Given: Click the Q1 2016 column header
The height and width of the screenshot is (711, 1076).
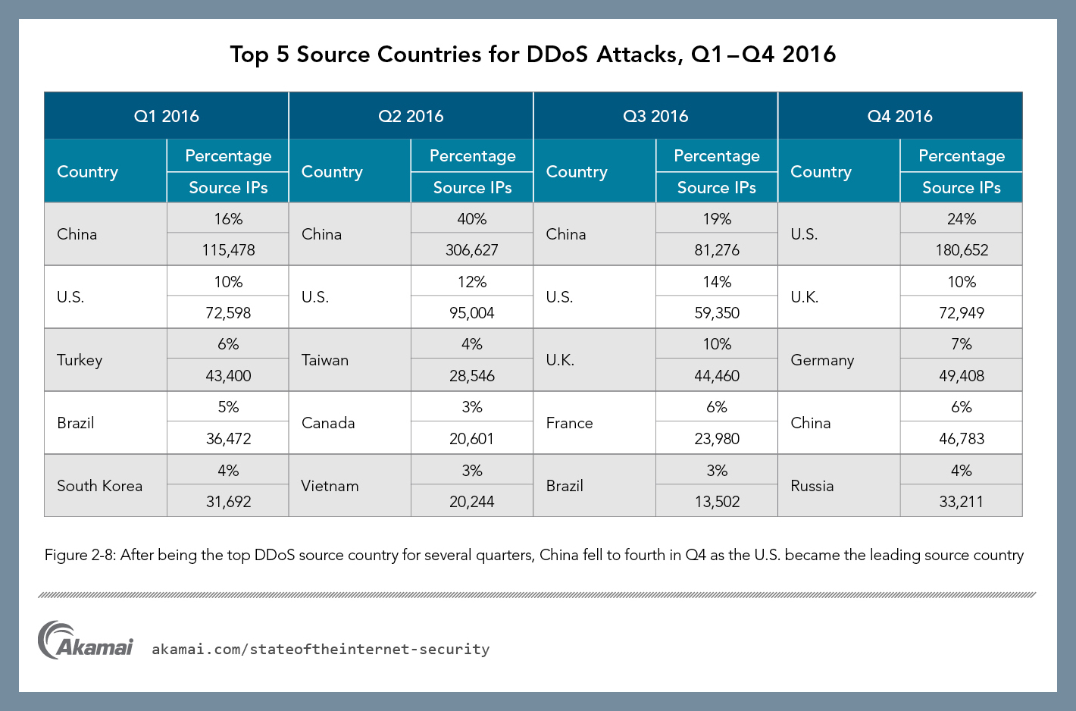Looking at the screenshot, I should (x=167, y=116).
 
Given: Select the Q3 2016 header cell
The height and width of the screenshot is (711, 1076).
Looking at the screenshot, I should (x=655, y=116).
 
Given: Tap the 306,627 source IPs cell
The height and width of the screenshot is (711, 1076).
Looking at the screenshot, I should (x=471, y=250).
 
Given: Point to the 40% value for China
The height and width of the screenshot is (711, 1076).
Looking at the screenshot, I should (x=471, y=219).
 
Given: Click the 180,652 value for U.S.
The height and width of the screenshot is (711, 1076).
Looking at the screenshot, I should (x=961, y=250).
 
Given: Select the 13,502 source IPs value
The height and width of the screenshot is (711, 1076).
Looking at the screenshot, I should (x=717, y=502).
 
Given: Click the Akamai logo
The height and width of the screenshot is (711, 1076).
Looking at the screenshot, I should (x=85, y=641).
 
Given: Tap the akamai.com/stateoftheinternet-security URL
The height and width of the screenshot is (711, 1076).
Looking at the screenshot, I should (x=321, y=650).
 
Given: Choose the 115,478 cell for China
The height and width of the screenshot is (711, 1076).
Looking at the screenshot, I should (x=228, y=250).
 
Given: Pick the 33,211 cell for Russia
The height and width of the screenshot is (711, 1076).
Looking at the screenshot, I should (x=961, y=502).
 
